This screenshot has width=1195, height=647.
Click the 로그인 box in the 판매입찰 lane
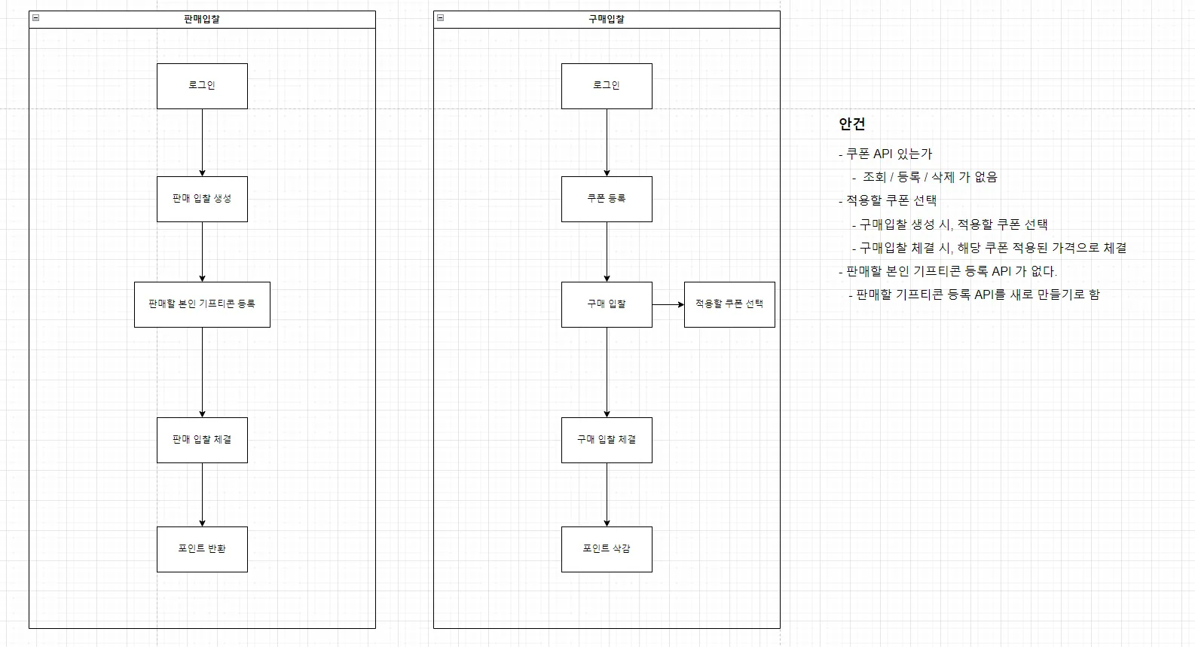pyautogui.click(x=202, y=86)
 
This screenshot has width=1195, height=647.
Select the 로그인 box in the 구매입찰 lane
pyautogui.click(x=607, y=86)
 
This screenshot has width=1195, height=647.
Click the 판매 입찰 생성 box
pyautogui.click(x=202, y=199)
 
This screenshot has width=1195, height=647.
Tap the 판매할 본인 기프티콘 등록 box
pyautogui.click(x=202, y=304)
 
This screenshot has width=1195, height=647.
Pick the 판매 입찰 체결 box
pyautogui.click(x=202, y=440)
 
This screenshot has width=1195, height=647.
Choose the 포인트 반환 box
pyautogui.click(x=202, y=549)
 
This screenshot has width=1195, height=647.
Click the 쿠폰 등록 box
pyautogui.click(x=607, y=199)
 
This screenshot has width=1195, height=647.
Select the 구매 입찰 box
pyautogui.click(x=607, y=304)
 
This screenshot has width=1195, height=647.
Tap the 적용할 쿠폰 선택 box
pyautogui.click(x=729, y=304)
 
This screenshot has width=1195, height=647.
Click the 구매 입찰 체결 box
pyautogui.click(x=607, y=440)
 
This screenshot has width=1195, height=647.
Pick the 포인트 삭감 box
pyautogui.click(x=607, y=549)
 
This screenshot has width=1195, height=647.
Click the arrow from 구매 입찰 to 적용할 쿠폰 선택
pyautogui.click(x=668, y=304)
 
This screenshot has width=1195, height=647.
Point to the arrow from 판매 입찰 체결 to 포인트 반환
pyautogui.click(x=202, y=494)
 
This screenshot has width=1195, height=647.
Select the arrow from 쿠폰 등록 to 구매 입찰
pyautogui.click(x=607, y=252)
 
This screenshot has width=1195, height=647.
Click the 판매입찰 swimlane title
pyautogui.click(x=202, y=20)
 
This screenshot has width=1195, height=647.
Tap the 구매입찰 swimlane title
pyautogui.click(x=607, y=20)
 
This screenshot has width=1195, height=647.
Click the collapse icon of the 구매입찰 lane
pyautogui.click(x=441, y=18)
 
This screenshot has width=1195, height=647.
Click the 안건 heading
pyautogui.click(x=851, y=124)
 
